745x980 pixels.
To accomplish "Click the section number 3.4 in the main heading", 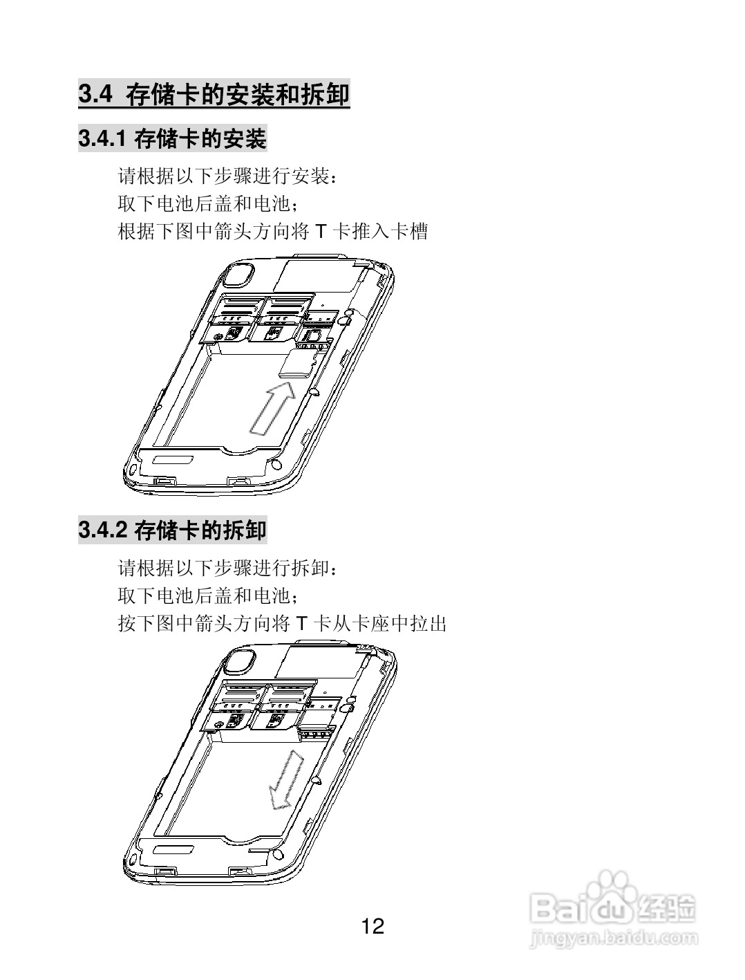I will click(95, 94).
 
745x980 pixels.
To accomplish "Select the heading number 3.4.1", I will click(102, 139).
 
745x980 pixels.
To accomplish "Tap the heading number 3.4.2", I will click(102, 530).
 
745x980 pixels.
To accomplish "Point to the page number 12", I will click(372, 926).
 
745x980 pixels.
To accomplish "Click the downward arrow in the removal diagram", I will click(286, 780).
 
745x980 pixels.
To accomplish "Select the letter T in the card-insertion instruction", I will click(319, 232).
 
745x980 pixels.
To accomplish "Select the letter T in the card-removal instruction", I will click(301, 624).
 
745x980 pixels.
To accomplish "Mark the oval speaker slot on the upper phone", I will click(173, 460).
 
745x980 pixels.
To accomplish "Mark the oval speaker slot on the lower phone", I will click(173, 848).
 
